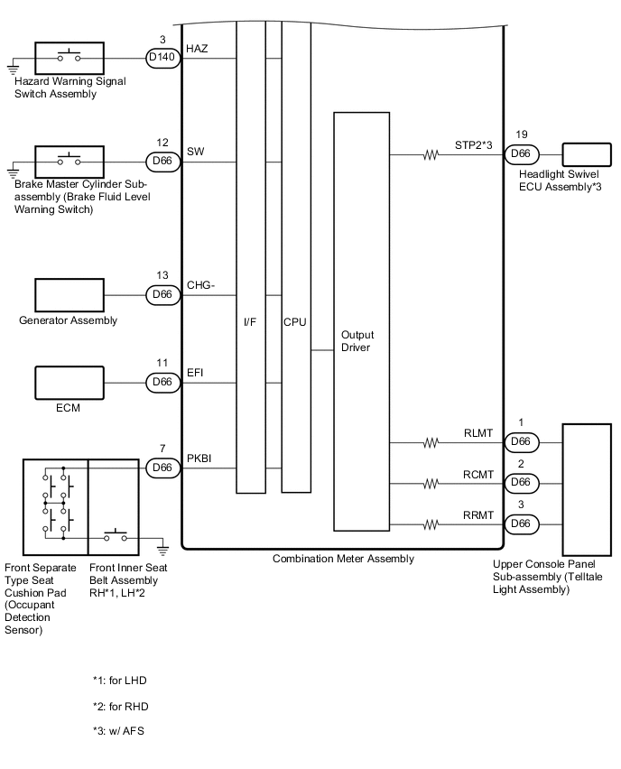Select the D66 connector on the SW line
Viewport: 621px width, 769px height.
163,162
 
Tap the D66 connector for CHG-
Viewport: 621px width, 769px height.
163,294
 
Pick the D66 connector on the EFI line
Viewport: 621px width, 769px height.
163,383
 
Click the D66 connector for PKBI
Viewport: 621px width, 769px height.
163,468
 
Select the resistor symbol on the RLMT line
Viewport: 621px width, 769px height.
431,442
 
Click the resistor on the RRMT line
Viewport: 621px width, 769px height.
431,524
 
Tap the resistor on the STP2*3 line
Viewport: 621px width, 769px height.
431,154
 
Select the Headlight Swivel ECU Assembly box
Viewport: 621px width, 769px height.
587,154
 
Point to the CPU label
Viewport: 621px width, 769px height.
295,321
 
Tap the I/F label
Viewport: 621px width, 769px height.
250,321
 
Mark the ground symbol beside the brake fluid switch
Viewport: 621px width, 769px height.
13,168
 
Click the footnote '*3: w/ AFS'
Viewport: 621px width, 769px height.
118,730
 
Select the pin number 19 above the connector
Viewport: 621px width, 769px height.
522,134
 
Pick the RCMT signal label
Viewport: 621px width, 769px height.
478,473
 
